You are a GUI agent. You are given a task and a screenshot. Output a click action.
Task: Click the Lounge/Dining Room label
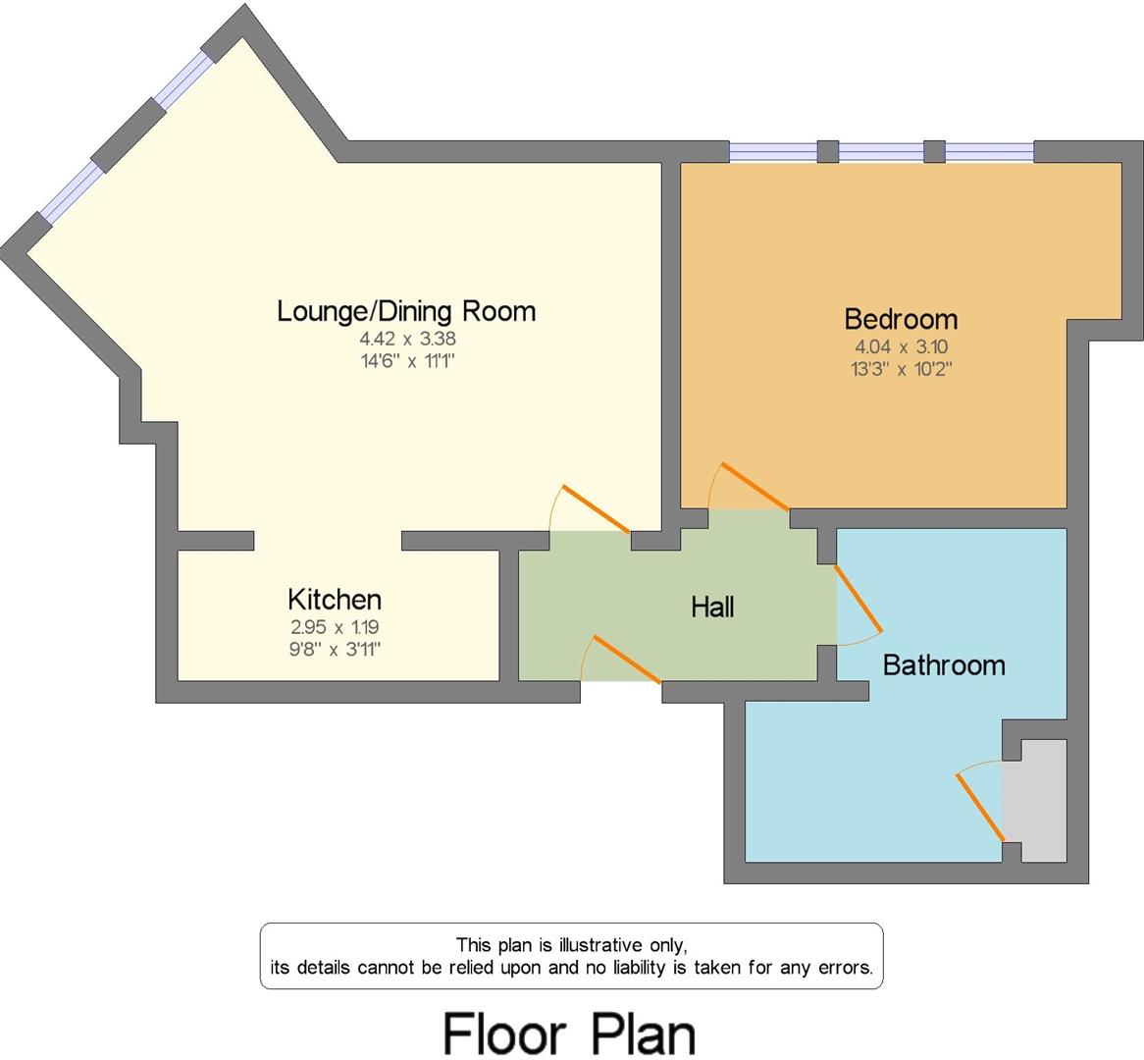tap(406, 311)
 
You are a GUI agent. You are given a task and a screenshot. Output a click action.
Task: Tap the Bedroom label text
tap(901, 319)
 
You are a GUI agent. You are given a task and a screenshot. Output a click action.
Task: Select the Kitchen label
tap(334, 599)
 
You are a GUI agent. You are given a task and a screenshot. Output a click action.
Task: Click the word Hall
tap(712, 608)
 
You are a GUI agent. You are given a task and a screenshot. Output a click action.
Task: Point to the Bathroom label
tap(943, 665)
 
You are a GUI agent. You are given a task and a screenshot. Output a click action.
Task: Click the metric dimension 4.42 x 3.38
tap(407, 339)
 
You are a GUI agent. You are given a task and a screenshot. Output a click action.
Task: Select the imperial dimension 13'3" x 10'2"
tap(901, 369)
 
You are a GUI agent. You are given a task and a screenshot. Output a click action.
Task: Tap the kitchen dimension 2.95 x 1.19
tap(334, 626)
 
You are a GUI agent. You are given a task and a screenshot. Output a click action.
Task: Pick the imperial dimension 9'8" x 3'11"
tap(334, 648)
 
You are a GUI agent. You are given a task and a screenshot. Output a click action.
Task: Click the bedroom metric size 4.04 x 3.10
tap(901, 346)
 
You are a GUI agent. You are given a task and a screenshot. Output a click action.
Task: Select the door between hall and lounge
tap(593, 508)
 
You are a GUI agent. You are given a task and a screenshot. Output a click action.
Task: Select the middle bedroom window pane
tap(881, 152)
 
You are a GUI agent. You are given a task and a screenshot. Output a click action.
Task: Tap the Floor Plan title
tap(570, 1033)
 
